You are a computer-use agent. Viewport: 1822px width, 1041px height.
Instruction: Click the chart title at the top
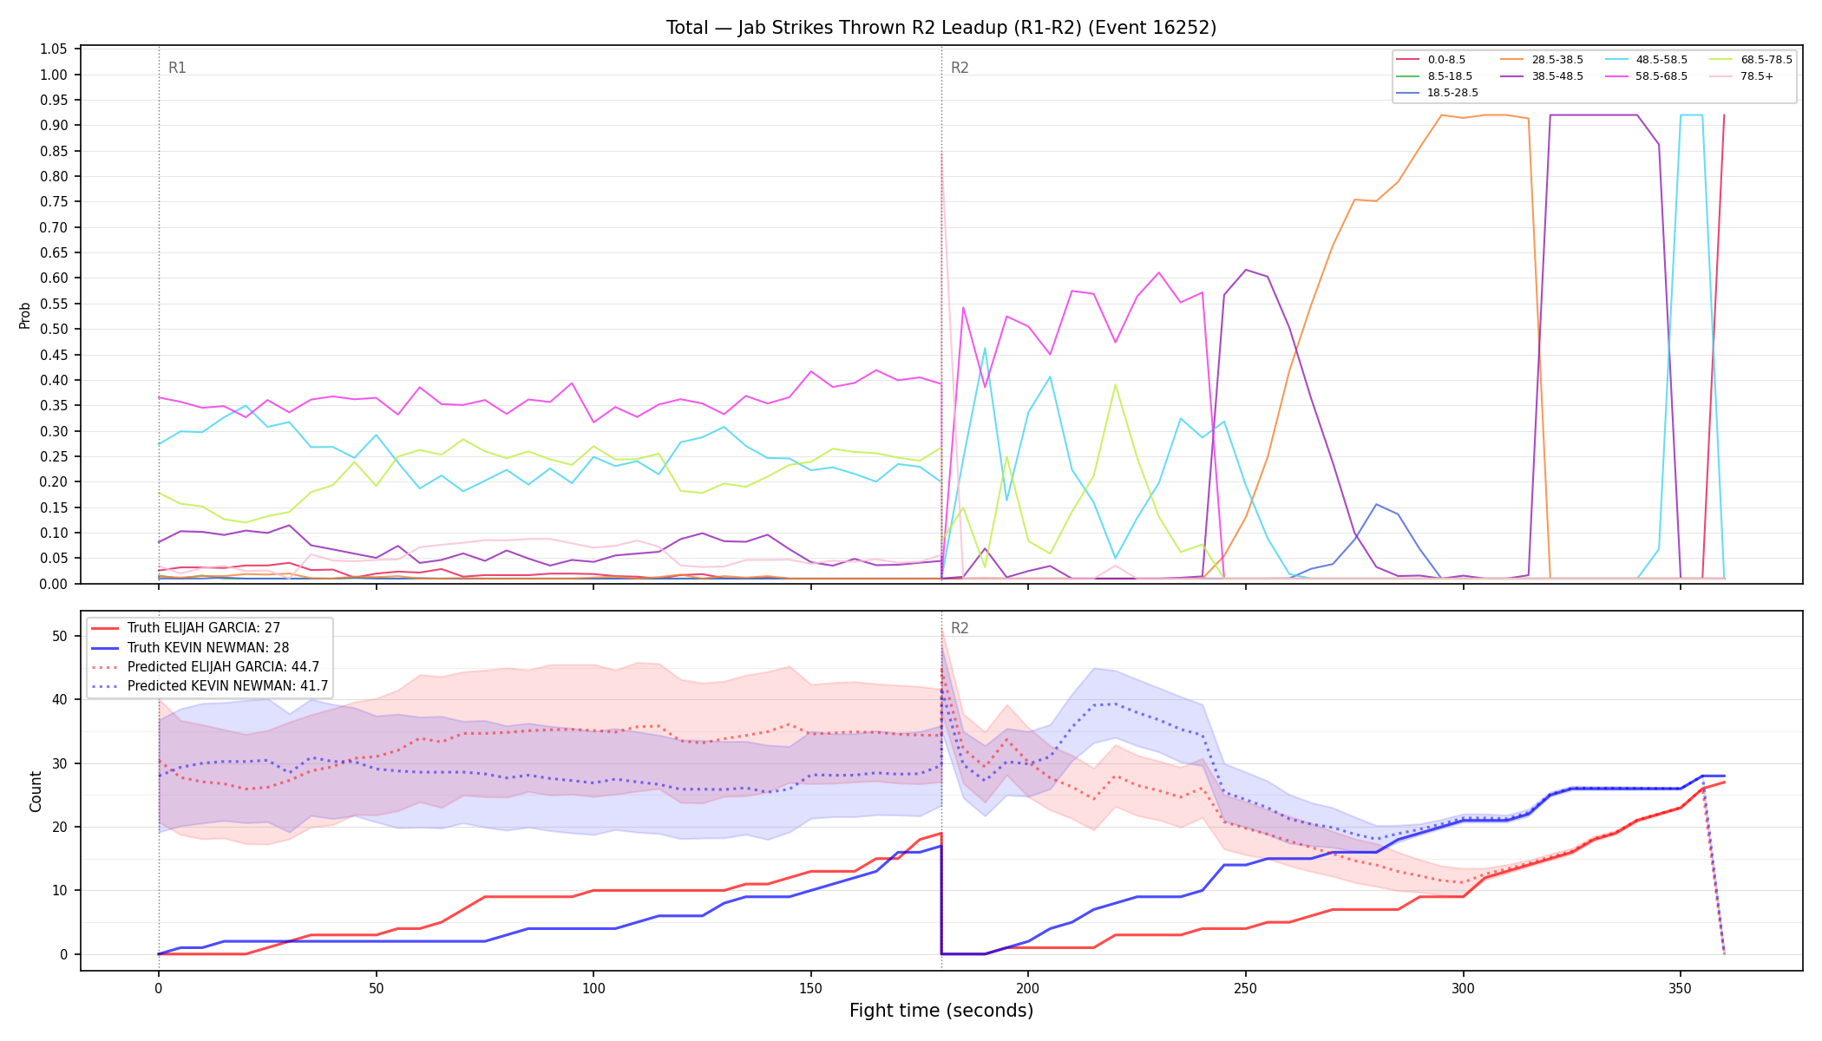coord(941,28)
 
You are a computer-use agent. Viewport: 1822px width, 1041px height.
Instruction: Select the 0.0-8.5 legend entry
coord(1431,60)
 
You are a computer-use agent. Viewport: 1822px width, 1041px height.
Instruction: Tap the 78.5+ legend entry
coord(1741,76)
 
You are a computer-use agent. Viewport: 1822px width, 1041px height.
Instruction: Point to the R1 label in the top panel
coord(177,68)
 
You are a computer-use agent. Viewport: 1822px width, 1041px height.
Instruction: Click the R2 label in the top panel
coord(960,68)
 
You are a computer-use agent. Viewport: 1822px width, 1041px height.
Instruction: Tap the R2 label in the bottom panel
coord(960,628)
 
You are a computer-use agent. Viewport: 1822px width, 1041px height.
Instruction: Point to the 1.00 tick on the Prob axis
coord(54,75)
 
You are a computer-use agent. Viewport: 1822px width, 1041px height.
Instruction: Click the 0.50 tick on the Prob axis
coord(54,329)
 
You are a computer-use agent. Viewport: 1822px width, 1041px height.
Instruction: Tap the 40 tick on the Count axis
coord(60,699)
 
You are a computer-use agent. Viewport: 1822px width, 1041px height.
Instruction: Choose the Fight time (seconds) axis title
coord(941,1012)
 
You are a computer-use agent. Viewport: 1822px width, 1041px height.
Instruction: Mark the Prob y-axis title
coord(25,316)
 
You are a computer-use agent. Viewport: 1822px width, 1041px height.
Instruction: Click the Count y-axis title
coord(36,791)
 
